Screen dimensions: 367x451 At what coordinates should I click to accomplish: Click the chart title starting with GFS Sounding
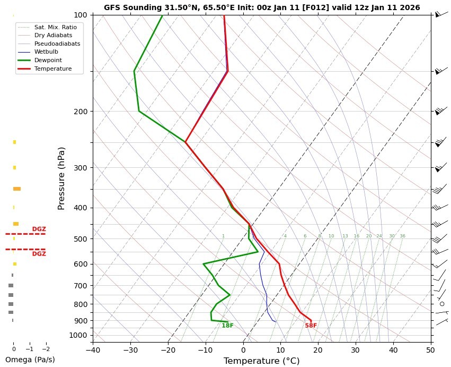point(262,7)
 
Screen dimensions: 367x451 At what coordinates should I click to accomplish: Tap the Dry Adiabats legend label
point(53,35)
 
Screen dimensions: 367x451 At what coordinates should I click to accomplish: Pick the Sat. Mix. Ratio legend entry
point(55,27)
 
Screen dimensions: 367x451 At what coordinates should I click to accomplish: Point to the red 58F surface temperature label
point(311,326)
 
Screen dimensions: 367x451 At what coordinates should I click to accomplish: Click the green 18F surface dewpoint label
point(227,326)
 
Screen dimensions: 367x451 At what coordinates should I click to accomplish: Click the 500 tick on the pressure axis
point(81,239)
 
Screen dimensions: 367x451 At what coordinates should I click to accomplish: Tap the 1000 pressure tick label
point(78,335)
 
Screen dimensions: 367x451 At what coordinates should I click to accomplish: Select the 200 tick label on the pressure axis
point(81,112)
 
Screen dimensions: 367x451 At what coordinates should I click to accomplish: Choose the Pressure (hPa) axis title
point(61,178)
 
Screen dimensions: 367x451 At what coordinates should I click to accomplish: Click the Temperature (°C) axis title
point(262,361)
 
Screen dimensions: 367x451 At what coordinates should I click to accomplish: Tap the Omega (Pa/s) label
point(30,360)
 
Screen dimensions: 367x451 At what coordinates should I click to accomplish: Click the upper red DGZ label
point(39,229)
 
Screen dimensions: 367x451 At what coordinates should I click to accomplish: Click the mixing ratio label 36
point(402,236)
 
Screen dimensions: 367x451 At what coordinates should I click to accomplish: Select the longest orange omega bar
point(17,189)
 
